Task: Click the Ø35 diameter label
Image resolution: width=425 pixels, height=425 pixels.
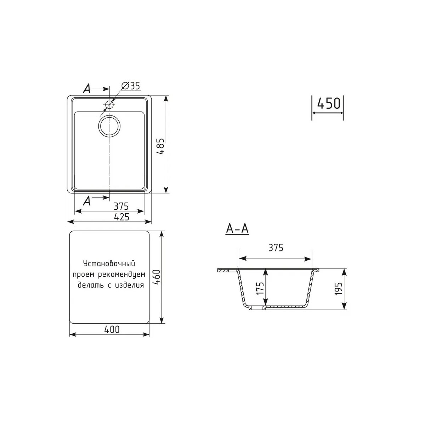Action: point(131,86)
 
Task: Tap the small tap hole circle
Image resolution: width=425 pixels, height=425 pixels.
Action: point(109,104)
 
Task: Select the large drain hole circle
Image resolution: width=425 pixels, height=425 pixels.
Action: point(109,126)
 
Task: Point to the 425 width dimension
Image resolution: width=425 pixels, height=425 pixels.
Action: point(122,217)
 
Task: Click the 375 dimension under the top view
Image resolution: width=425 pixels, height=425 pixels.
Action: point(121,206)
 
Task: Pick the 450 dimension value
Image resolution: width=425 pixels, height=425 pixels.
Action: point(328,103)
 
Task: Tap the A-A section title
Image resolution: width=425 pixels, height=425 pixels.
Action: point(237,229)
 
